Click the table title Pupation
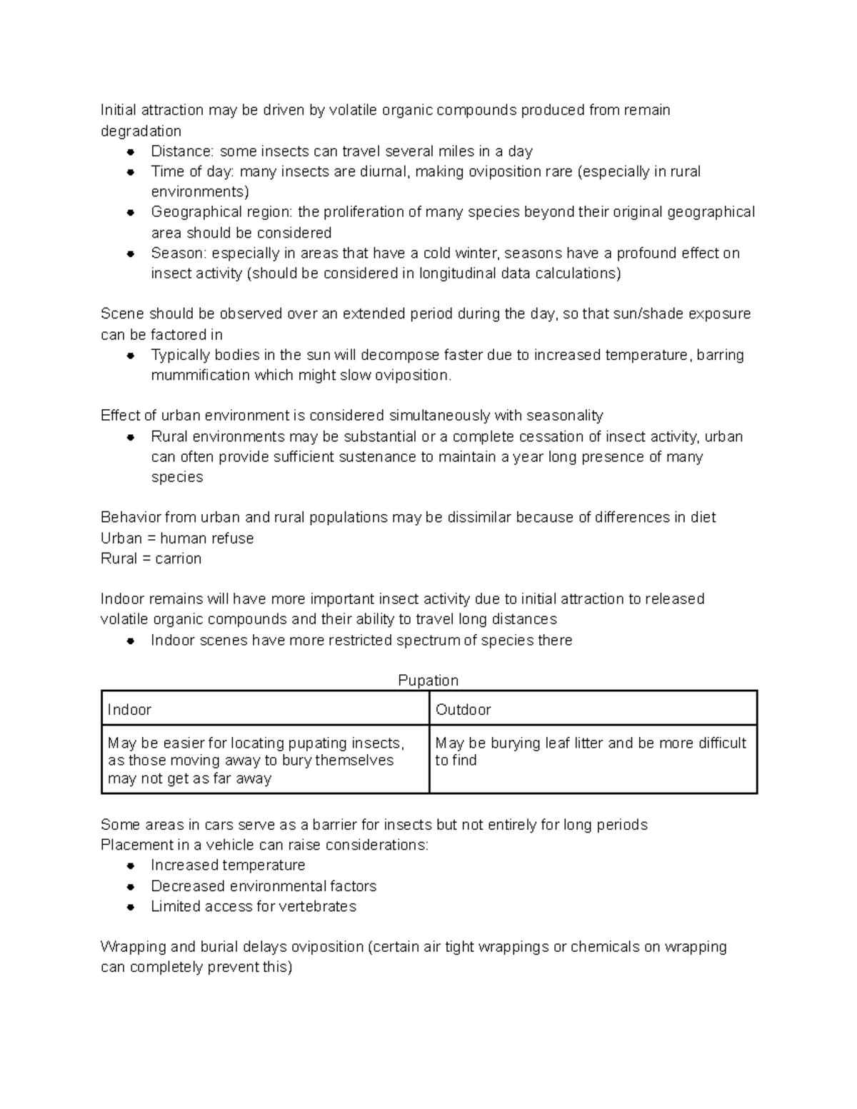coord(428,681)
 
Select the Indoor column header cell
coord(265,709)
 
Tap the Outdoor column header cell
coord(593,709)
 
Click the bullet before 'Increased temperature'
coord(131,865)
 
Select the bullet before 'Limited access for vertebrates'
coord(131,907)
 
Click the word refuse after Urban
coord(231,538)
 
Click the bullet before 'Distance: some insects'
coord(131,151)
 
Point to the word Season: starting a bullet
coord(179,254)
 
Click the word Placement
coord(136,845)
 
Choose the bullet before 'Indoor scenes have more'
coord(131,641)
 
